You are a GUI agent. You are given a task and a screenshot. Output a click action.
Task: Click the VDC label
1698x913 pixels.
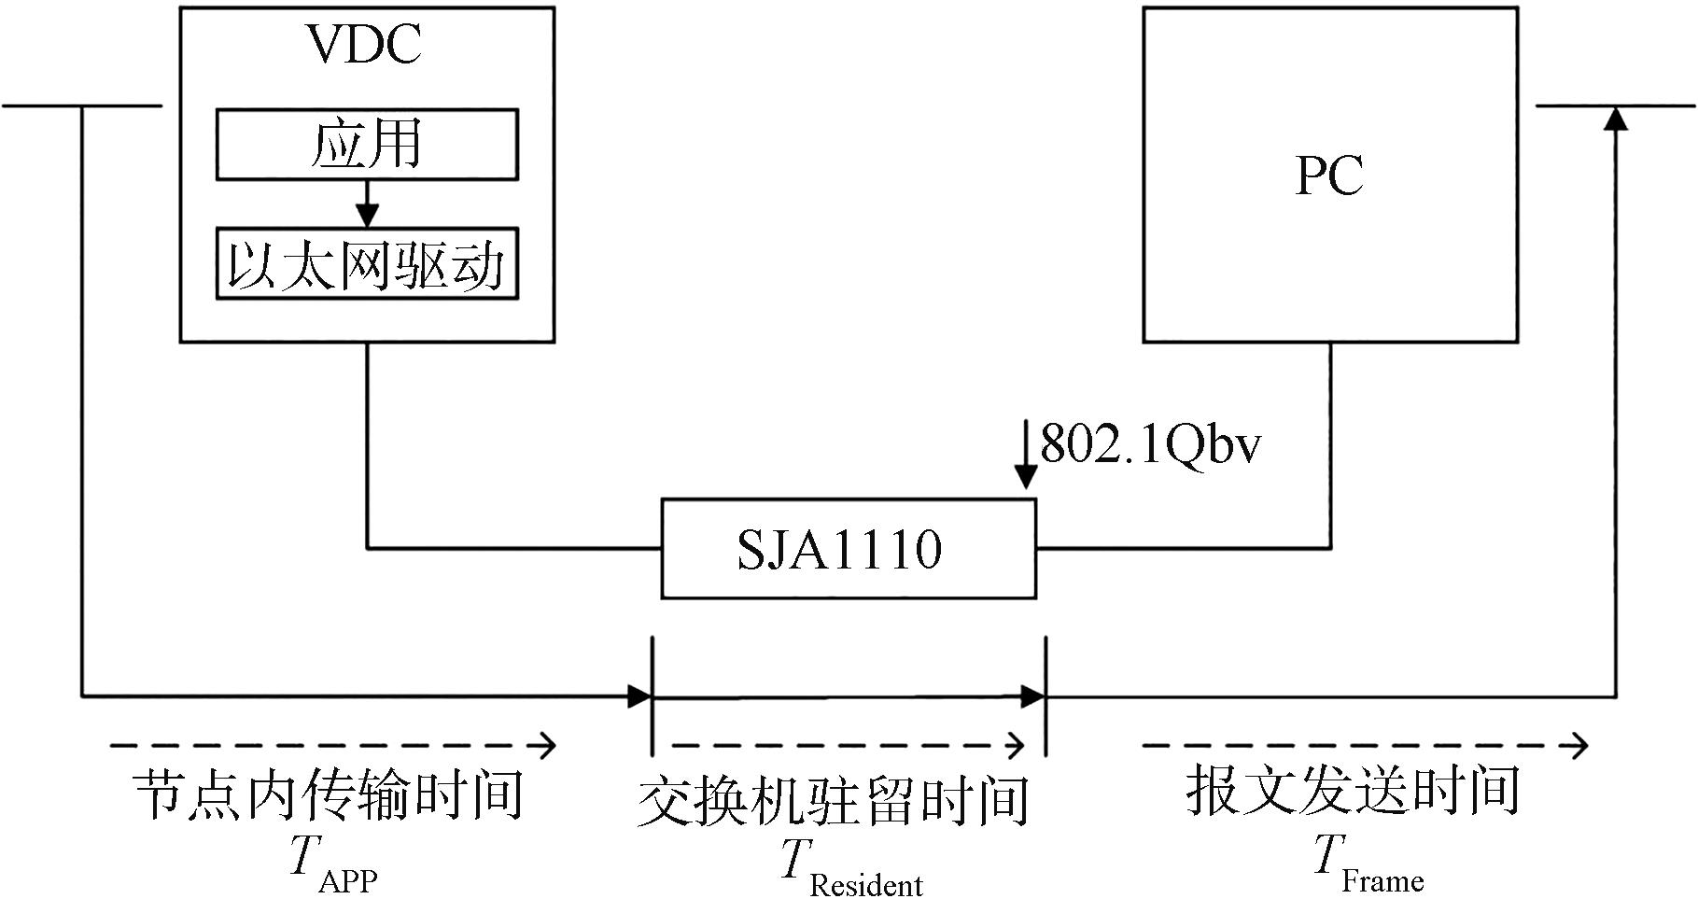pos(365,44)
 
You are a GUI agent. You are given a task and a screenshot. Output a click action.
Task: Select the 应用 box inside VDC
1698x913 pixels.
pos(367,145)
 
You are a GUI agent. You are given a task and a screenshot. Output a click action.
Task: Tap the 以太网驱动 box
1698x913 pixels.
pos(367,263)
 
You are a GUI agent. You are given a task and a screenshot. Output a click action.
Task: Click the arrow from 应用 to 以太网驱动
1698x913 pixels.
pos(367,204)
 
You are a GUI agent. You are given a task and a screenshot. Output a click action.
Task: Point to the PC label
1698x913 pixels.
pos(1329,175)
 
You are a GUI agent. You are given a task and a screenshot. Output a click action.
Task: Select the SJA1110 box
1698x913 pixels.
pos(848,549)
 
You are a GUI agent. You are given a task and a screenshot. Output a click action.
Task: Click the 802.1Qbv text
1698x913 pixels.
pos(1150,444)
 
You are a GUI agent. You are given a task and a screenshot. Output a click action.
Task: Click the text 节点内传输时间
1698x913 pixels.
pos(328,795)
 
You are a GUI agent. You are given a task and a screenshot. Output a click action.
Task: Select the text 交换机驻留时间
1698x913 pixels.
pos(834,800)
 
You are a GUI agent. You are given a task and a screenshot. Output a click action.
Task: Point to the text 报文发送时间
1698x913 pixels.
pos(1354,791)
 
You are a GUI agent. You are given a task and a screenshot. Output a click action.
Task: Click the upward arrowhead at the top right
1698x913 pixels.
pos(1617,118)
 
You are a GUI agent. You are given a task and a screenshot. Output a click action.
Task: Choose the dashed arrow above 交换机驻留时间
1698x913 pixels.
pos(848,745)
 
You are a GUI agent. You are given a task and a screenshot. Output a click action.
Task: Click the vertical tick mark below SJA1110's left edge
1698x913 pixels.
pos(653,695)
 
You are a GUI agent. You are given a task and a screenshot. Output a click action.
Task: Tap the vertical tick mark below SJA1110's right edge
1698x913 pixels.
pos(1045,695)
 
